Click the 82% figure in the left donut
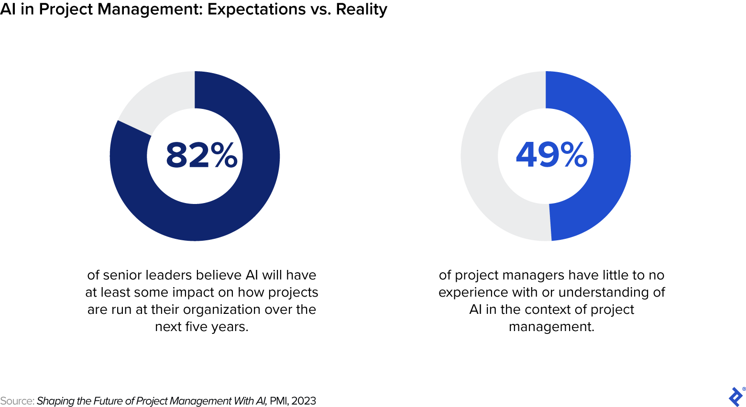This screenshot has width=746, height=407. (201, 155)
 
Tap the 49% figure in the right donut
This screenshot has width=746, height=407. (551, 155)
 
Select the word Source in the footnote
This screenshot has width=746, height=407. (16, 401)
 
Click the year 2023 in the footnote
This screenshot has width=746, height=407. (304, 401)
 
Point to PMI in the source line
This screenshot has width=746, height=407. (278, 401)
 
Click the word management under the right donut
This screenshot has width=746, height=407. (551, 327)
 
